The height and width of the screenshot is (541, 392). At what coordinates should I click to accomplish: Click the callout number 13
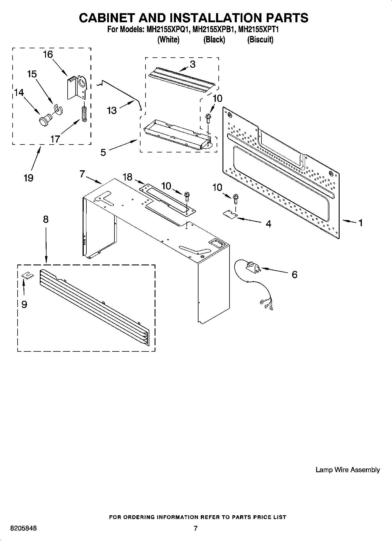click(112, 111)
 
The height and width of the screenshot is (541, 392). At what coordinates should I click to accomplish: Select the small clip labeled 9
click(27, 276)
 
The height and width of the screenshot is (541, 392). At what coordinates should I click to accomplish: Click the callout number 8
click(46, 219)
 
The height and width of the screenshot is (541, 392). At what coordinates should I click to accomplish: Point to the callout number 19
click(28, 178)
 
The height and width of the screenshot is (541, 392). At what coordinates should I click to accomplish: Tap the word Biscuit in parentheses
click(260, 39)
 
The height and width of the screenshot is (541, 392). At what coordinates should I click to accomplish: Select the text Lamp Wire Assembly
click(348, 470)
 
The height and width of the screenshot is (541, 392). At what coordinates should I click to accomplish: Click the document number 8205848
click(23, 528)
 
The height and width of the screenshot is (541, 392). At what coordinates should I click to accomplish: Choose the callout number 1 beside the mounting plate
click(360, 223)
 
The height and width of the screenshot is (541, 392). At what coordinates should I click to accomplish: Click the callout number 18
click(127, 177)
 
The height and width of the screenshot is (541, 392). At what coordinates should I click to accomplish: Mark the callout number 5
click(103, 152)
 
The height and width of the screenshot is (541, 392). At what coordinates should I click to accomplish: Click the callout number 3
click(192, 64)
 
